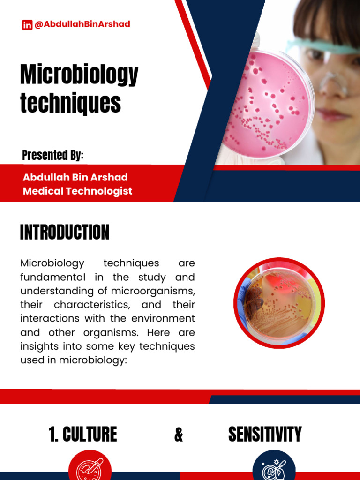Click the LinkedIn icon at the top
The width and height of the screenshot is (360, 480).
[27, 25]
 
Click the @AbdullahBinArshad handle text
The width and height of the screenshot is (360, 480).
[82, 24]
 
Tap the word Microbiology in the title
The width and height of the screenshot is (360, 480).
[79, 75]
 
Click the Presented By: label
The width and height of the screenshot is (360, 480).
[53, 156]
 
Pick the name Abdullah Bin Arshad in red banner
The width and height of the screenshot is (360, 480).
[75, 178]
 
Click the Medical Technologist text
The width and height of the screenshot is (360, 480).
[77, 191]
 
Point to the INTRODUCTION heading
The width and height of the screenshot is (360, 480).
[65, 232]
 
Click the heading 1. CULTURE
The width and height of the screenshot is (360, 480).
[82, 435]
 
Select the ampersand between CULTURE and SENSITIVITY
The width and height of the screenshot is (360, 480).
[179, 435]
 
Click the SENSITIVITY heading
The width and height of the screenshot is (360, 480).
[265, 435]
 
